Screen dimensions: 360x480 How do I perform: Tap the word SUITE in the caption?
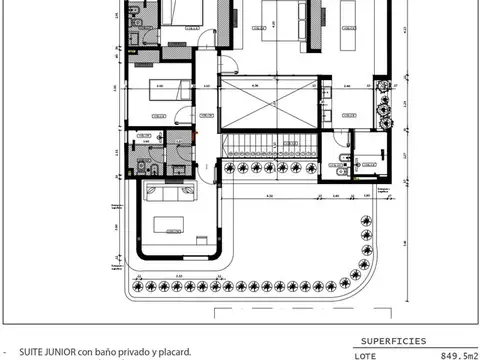pyautogui.click(x=30, y=352)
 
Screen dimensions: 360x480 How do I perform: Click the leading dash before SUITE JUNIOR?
pyautogui.click(x=6, y=352)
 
